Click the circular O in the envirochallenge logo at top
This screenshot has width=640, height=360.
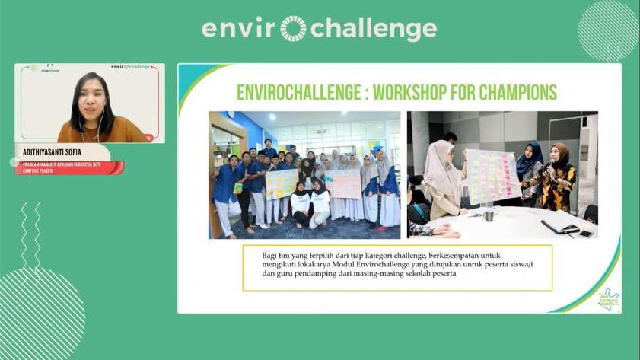point(293,29)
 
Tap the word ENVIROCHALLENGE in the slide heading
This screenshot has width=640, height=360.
point(295,92)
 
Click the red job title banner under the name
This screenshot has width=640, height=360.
point(68,167)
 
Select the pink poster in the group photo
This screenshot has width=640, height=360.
point(343,183)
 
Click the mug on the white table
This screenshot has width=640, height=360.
point(489,215)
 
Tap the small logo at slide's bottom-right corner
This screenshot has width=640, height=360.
point(608,298)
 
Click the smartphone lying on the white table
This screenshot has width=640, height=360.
point(584,234)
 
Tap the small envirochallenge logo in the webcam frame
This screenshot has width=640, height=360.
point(130,67)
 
